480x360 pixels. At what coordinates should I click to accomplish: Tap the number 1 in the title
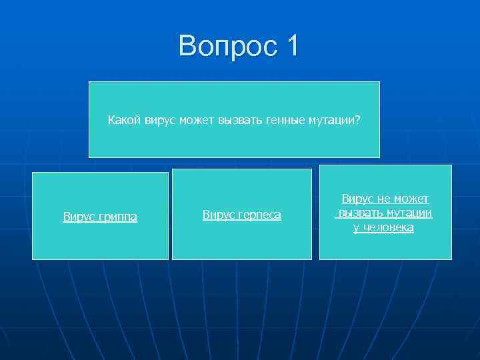point(292,46)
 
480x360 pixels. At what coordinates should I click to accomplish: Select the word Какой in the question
point(124,120)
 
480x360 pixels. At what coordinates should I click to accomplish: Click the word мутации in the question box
point(331,120)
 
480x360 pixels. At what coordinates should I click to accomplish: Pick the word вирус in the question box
point(159,120)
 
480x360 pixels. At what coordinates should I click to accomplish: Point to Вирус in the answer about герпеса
point(218,215)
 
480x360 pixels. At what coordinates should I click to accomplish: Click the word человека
point(389,228)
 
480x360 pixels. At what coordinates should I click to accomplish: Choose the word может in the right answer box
point(411,199)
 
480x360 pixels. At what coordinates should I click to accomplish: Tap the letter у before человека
point(356,228)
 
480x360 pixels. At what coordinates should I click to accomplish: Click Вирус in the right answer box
point(358,199)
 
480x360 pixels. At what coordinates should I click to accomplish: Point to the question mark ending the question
point(358,120)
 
